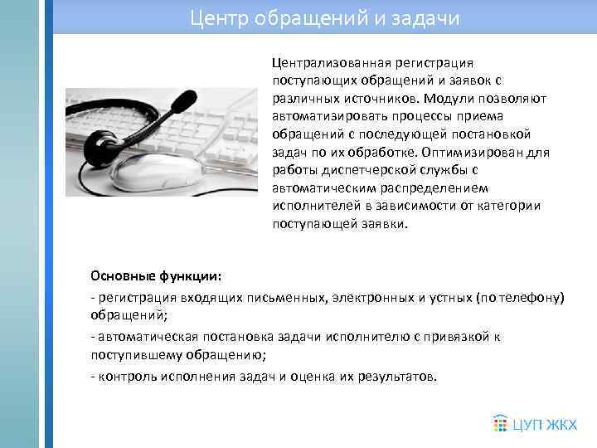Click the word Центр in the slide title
pyautogui.click(x=212, y=17)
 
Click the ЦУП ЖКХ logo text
pyautogui.click(x=545, y=424)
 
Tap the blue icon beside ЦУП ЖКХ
pyautogui.click(x=500, y=423)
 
